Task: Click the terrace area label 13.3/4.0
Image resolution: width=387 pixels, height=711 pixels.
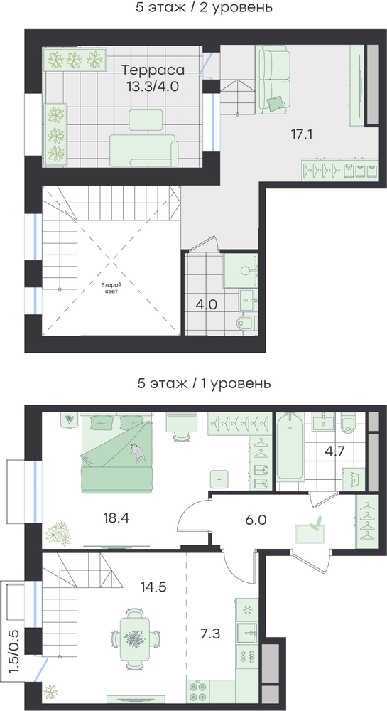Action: (x=153, y=86)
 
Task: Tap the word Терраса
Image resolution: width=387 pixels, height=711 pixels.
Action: (x=153, y=70)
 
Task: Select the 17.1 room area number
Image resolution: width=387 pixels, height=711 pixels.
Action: (x=303, y=134)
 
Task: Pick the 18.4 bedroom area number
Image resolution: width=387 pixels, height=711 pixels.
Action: (x=116, y=518)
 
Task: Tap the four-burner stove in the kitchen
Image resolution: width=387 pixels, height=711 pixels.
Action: (x=198, y=691)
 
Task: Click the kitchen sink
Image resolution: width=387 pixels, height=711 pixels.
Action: (x=246, y=629)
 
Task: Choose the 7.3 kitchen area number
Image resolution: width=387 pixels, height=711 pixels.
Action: (x=210, y=633)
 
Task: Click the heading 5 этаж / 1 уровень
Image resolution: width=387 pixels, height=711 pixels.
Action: (x=204, y=384)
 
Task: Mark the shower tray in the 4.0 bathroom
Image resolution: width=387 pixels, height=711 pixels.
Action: (x=241, y=269)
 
